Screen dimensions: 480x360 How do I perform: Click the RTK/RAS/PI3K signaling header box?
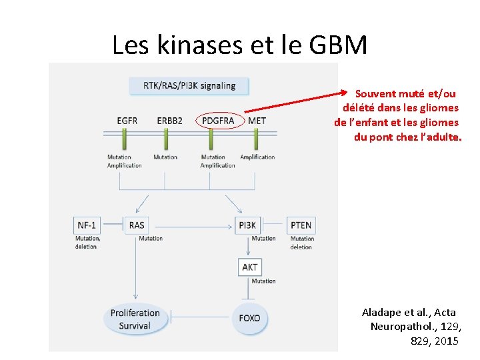[x=189, y=85]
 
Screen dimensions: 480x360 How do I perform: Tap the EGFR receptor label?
[x=127, y=121]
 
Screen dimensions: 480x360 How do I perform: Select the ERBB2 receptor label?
[x=169, y=121]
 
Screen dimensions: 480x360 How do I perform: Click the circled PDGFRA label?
[x=218, y=121]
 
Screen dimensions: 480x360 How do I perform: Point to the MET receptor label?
[x=257, y=121]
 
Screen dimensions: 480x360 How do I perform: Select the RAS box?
[x=137, y=225]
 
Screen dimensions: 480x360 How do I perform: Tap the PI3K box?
[x=247, y=225]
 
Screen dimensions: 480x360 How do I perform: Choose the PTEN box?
[x=301, y=225]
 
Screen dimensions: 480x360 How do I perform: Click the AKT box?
[x=250, y=267]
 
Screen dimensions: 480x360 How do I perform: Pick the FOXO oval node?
[x=250, y=318]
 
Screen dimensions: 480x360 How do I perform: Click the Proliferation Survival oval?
[x=135, y=319]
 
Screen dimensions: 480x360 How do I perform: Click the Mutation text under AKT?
[x=263, y=281]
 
